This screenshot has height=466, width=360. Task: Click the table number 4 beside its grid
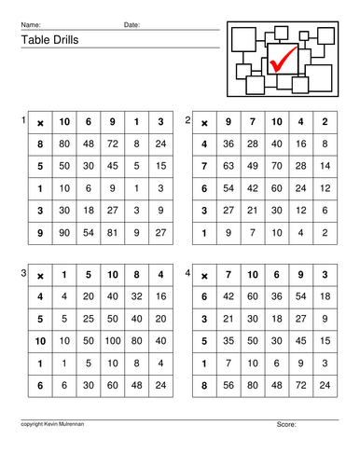pos(187,273)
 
